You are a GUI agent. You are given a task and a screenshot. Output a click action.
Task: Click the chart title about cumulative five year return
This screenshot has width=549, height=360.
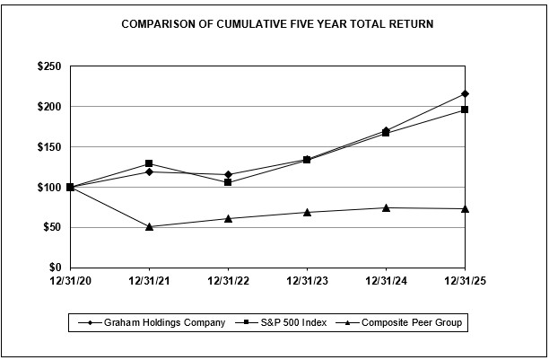pos(277,24)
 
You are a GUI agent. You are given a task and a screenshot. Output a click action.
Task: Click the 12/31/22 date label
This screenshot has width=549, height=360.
pos(228,280)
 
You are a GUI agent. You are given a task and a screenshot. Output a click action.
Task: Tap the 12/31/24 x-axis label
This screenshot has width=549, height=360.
pos(386,280)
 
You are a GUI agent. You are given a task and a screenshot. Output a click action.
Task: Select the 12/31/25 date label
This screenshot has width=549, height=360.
pos(465,280)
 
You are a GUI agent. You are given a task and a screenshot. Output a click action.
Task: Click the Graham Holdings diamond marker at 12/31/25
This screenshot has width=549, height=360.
pos(465,93)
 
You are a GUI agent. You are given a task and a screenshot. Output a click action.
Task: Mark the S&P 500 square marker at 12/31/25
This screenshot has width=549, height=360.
pos(465,110)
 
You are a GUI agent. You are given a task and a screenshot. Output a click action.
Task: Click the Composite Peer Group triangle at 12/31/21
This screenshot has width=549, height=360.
pos(149,226)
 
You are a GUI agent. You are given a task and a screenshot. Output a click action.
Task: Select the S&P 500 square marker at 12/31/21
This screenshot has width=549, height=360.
pos(149,163)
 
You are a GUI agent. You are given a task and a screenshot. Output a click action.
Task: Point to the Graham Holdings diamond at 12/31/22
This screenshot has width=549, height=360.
pos(228,174)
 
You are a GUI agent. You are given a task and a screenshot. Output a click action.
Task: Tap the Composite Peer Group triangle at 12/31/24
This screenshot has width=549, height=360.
pos(386,207)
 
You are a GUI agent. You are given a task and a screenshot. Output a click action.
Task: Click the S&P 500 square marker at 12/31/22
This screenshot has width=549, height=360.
pos(228,182)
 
